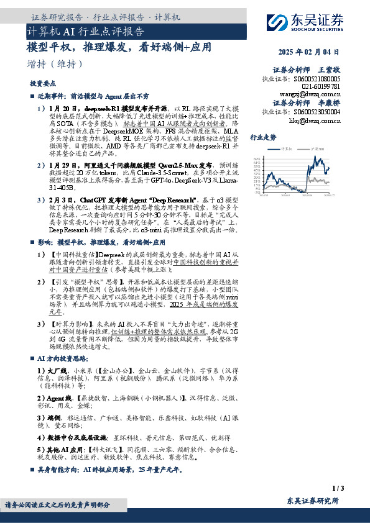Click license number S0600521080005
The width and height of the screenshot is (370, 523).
click(310, 80)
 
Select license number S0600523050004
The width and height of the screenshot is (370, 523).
click(310, 112)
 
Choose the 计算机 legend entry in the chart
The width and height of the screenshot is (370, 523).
click(286, 149)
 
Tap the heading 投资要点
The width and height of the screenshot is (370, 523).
click(42, 83)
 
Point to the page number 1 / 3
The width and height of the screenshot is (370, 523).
click(338, 488)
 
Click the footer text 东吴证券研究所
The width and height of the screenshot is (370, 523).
click(313, 501)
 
